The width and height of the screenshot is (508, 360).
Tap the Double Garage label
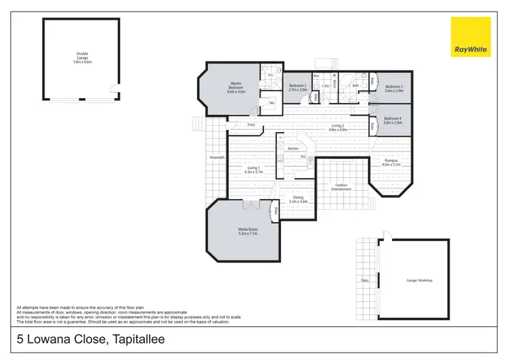pos(83,56)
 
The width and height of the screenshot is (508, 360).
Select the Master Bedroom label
pos(236,88)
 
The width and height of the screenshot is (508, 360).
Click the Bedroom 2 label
pos(298,86)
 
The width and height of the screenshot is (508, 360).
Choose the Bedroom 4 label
pos(394,120)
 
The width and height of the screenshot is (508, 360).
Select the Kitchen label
pos(293,148)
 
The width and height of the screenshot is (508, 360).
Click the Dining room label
pos(298,198)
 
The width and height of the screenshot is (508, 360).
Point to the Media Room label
pos(247,229)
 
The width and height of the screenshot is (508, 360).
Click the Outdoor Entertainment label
pos(341,187)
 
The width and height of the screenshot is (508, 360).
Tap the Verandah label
pos(216,158)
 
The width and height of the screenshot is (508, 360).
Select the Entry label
pos(251,125)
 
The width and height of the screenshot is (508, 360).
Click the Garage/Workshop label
pos(419,280)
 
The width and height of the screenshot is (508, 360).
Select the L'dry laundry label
pos(326,86)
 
